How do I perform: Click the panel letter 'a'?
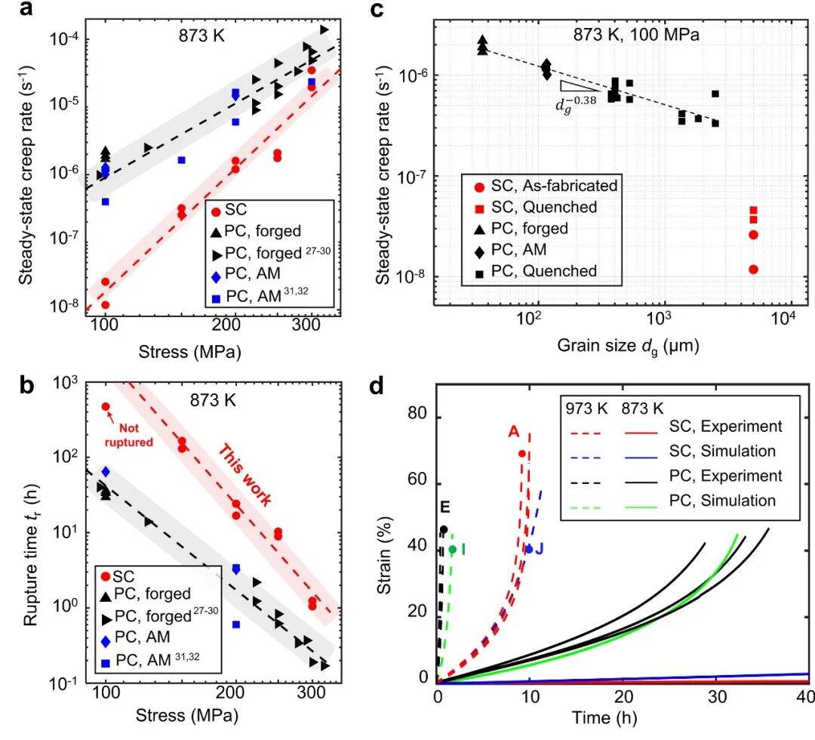(x=26, y=9)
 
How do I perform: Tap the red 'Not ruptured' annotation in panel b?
(x=129, y=435)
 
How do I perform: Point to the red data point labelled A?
(x=522, y=454)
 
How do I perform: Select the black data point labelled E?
(x=444, y=530)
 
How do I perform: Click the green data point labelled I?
(x=452, y=549)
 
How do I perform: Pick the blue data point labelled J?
(x=529, y=549)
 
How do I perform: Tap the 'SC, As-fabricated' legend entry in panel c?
(x=546, y=186)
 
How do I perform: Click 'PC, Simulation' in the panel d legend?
(x=722, y=501)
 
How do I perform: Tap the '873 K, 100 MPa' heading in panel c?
(x=636, y=35)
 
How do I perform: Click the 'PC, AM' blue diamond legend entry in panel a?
(x=246, y=274)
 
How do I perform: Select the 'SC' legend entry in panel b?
(x=118, y=576)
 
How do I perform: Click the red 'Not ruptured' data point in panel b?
(x=106, y=407)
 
